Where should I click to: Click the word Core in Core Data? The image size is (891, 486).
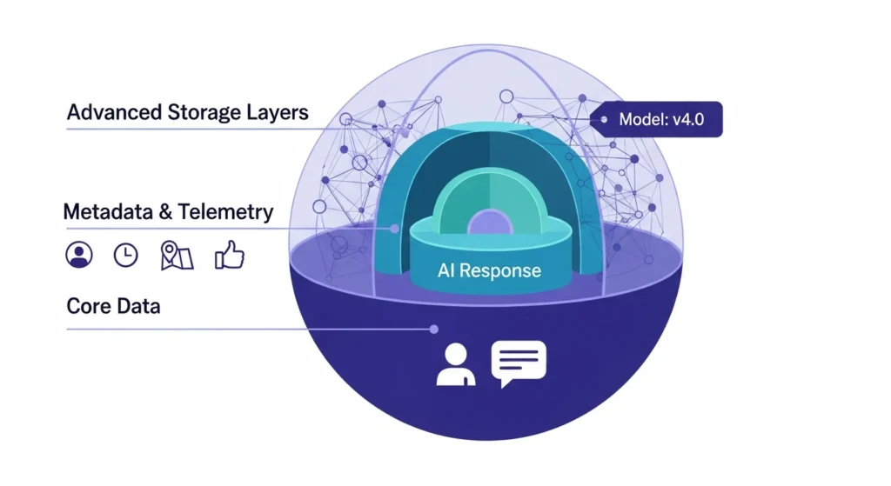click(87, 306)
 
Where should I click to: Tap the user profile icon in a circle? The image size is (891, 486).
click(79, 254)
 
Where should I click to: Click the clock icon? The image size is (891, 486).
click(126, 254)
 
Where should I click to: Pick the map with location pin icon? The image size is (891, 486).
click(177, 254)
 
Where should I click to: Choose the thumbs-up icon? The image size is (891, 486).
click(229, 254)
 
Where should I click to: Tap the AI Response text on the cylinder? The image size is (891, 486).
click(488, 270)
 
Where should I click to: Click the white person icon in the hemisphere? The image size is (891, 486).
click(456, 364)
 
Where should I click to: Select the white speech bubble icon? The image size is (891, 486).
click(519, 363)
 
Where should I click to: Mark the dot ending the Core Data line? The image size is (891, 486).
click(433, 329)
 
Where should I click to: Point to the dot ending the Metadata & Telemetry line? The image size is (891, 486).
click(396, 230)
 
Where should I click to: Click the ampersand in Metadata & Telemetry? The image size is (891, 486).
click(166, 211)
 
